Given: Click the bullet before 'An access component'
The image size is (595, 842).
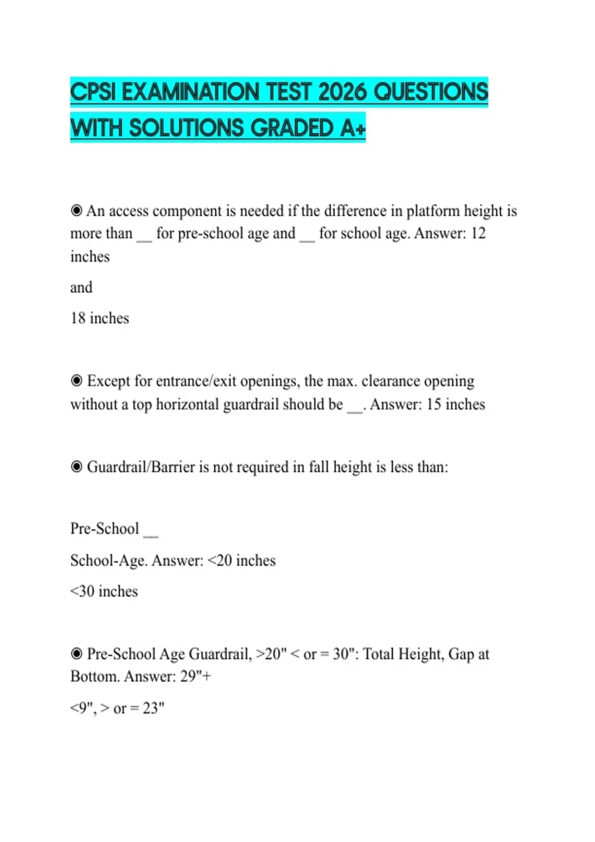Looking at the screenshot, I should pyautogui.click(x=76, y=211).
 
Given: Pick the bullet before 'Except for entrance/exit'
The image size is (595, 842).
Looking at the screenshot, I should pyautogui.click(x=76, y=381).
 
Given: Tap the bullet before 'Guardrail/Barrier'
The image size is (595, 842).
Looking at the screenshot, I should pyautogui.click(x=76, y=467).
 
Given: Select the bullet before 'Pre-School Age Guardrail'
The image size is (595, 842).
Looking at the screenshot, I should pyautogui.click(x=76, y=654).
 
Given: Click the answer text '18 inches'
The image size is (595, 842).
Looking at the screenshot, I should pyautogui.click(x=100, y=318).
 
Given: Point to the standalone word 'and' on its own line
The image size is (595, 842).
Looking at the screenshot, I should pyautogui.click(x=81, y=287).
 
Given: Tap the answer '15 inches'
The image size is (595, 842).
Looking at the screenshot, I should pyautogui.click(x=455, y=404).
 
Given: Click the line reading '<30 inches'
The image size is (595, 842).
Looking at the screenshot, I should pyautogui.click(x=104, y=591).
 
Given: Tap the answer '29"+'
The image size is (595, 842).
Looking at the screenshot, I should pyautogui.click(x=195, y=676).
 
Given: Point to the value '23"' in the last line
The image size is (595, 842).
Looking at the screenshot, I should pyautogui.click(x=153, y=708).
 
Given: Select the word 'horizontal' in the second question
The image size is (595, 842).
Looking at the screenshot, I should pyautogui.click(x=187, y=404).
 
